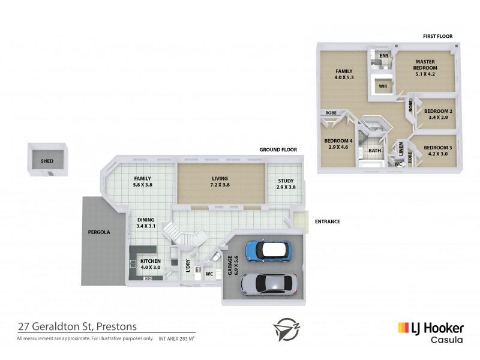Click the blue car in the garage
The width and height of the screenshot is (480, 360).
pyautogui.click(x=268, y=251)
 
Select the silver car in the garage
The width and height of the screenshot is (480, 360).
pyautogui.click(x=268, y=283)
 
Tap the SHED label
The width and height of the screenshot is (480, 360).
pyautogui.click(x=47, y=161)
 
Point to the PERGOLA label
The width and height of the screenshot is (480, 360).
pyautogui.click(x=98, y=232)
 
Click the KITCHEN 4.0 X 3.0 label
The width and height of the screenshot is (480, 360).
pyautogui.click(x=150, y=265)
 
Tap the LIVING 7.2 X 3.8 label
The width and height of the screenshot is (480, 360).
pyautogui.click(x=221, y=182)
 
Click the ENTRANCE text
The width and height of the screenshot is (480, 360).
pyautogui.click(x=328, y=221)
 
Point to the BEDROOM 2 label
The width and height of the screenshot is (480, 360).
pyautogui.click(x=438, y=114)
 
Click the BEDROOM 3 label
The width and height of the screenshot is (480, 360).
pyautogui.click(x=437, y=151)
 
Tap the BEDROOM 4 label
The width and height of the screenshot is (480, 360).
pyautogui.click(x=336, y=144)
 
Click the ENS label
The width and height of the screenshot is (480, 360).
pyautogui.click(x=384, y=56)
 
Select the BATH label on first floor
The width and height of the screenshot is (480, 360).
pyautogui.click(x=374, y=151)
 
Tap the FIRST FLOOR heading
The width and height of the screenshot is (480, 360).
pyautogui.click(x=437, y=37)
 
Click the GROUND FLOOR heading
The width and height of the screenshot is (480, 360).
pyautogui.click(x=278, y=149)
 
